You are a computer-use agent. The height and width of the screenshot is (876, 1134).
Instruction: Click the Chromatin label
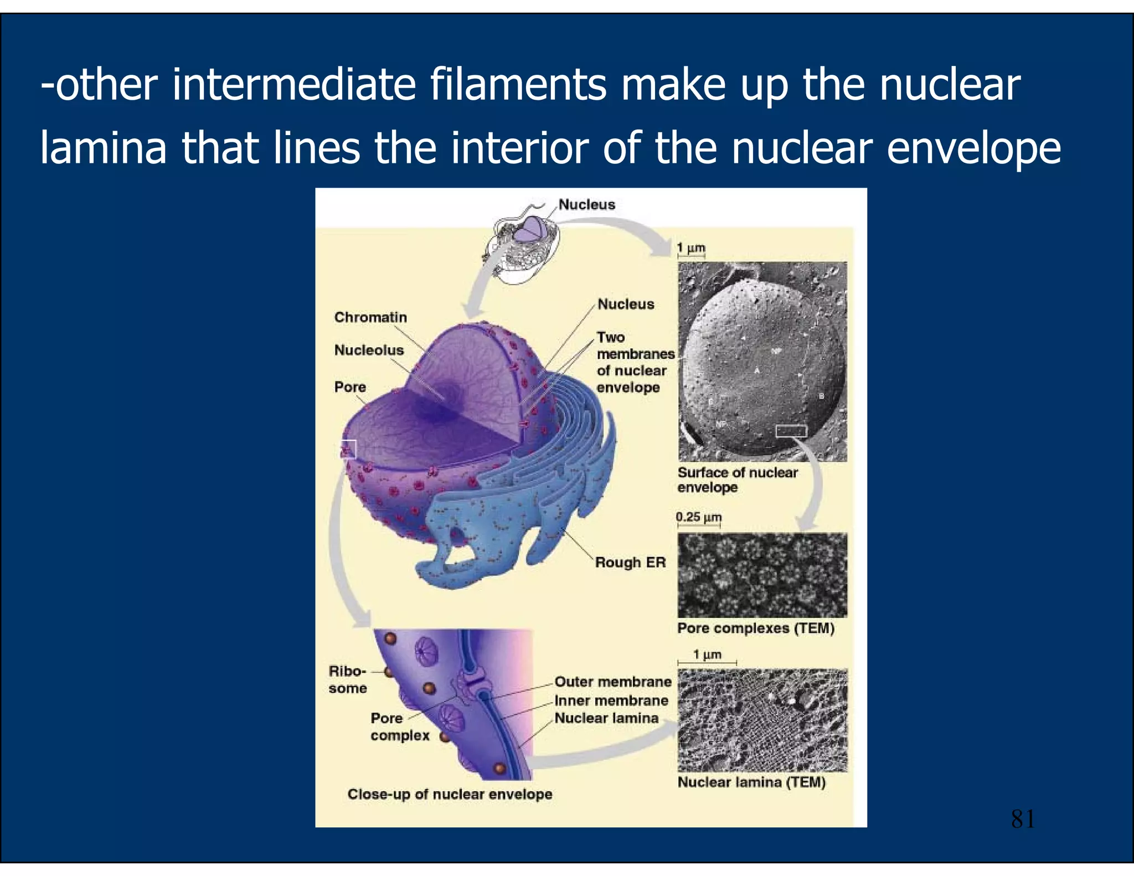tap(370, 317)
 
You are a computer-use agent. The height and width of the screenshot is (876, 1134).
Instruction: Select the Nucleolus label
tap(369, 350)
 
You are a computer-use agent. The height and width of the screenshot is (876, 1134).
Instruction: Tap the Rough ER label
tap(630, 562)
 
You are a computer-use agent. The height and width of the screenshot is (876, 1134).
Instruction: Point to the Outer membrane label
tap(612, 682)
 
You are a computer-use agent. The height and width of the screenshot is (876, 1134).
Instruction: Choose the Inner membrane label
tap(611, 700)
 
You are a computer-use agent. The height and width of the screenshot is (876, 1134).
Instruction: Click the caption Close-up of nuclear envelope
tap(450, 794)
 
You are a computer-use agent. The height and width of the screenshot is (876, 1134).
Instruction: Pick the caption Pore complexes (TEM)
tap(756, 628)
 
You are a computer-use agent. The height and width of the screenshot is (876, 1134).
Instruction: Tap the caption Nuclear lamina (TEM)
tap(751, 782)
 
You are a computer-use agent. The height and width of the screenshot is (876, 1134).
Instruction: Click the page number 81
tap(1022, 819)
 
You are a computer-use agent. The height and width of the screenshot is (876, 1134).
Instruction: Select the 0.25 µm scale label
tap(698, 517)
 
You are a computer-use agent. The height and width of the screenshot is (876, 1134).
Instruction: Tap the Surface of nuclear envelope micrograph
tap(762, 361)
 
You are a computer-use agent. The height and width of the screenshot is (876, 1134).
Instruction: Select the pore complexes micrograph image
tap(762, 575)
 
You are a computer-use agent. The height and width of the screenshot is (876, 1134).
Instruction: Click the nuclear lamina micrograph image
tap(762, 720)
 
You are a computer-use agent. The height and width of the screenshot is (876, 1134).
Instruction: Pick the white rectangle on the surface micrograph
tap(791, 431)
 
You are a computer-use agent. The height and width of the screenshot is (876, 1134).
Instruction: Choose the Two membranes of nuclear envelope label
tap(635, 362)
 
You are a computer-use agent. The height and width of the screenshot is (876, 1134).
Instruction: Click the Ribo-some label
tap(347, 679)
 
